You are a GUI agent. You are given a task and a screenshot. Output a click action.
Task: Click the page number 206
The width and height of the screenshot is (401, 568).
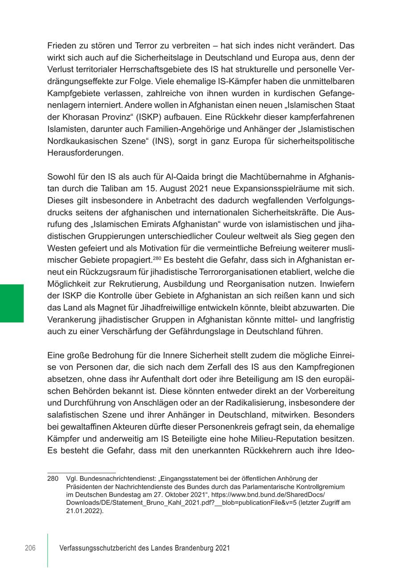coord(30,548)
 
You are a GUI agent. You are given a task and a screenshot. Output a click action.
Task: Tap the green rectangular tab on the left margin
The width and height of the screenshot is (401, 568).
coord(12,303)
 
